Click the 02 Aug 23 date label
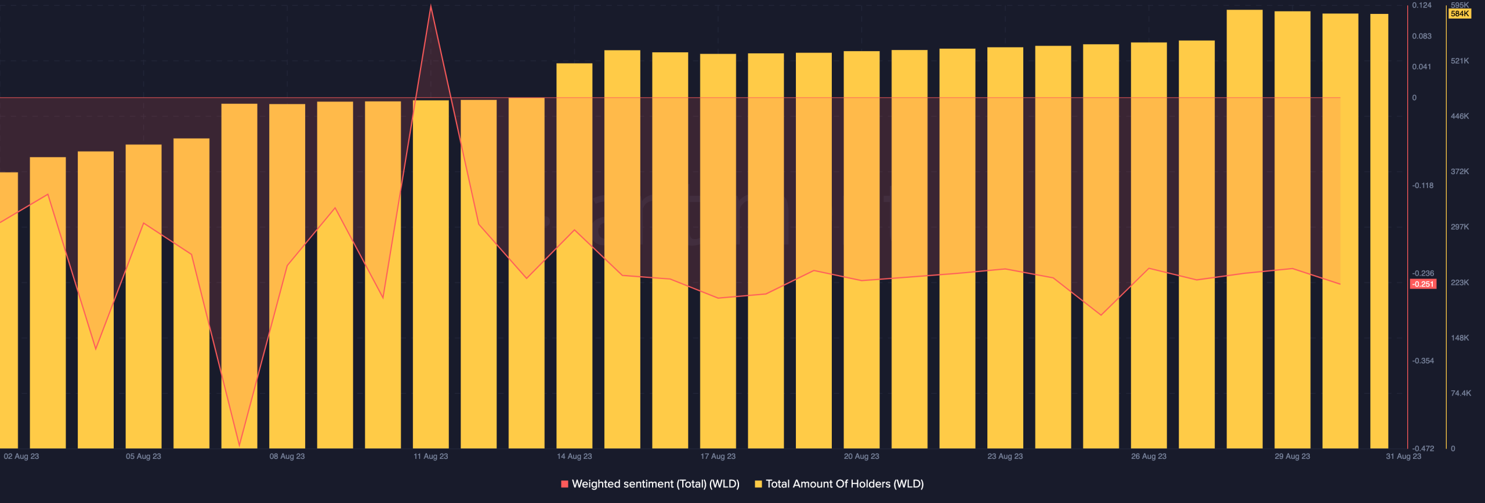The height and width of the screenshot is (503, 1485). point(21,457)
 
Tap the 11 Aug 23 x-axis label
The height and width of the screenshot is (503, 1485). point(430,457)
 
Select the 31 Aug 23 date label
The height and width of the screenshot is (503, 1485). point(1403,457)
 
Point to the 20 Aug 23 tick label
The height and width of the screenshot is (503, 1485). point(861,457)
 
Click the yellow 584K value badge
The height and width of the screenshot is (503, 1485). point(1459,14)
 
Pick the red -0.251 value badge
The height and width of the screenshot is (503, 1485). point(1423,284)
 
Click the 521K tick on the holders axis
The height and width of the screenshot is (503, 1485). point(1459,61)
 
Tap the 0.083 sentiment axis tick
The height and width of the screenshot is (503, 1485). point(1422,37)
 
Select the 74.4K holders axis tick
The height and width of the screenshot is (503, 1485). point(1461,393)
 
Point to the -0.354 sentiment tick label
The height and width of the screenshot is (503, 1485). point(1423,361)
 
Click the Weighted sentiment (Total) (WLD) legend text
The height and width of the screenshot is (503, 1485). point(655,484)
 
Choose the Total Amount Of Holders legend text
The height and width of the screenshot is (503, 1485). point(845,484)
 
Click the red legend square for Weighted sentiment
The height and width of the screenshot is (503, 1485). point(564,484)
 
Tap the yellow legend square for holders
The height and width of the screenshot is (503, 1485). point(758,484)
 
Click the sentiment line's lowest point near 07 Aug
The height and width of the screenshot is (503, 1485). point(239,445)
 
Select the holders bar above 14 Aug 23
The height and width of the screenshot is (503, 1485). point(574,255)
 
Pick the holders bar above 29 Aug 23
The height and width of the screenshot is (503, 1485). point(1292,232)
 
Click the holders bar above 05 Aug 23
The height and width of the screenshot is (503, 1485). point(143,296)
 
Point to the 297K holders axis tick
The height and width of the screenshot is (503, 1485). point(1459,227)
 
